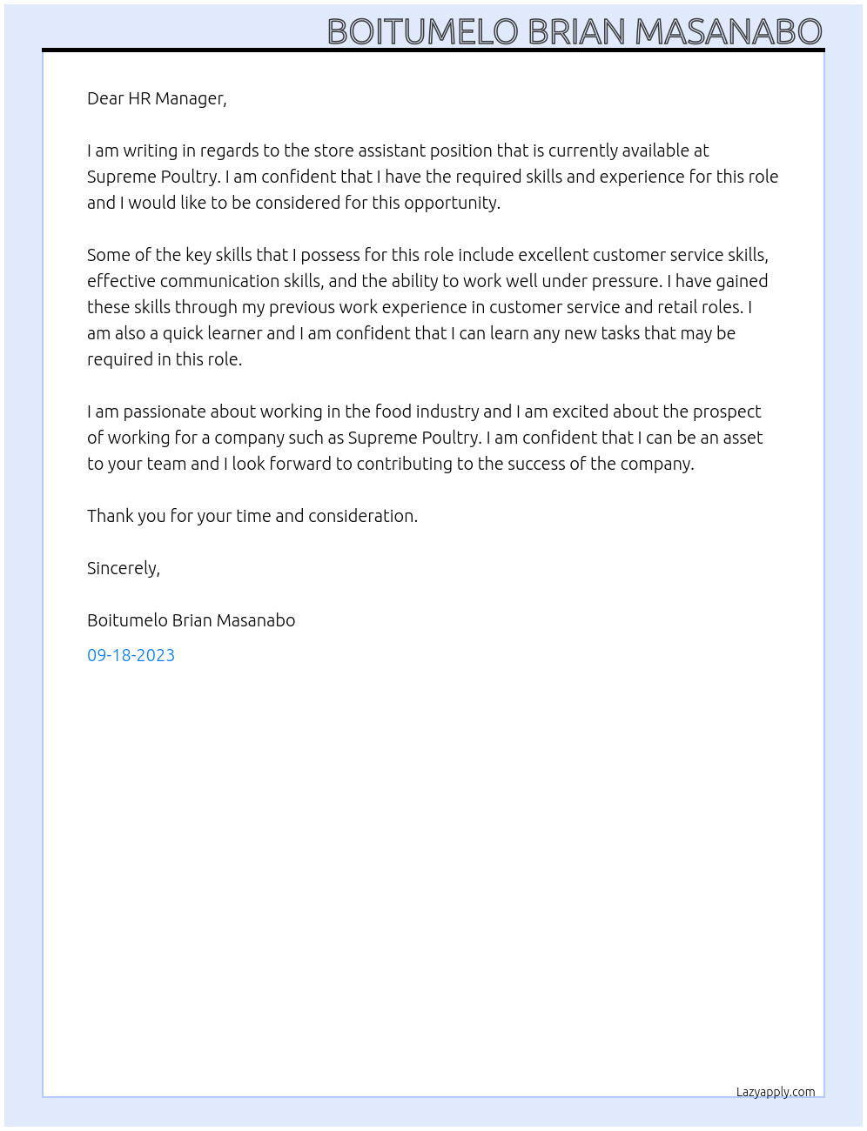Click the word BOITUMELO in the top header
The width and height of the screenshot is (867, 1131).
(423, 31)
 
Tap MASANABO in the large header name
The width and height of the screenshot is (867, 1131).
(729, 31)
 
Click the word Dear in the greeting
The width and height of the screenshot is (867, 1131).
(105, 98)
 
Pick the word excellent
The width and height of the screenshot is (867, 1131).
(553, 255)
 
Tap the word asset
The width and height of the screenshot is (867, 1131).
(743, 438)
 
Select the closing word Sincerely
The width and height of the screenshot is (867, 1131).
(123, 569)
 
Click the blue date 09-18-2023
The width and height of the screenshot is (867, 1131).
(131, 655)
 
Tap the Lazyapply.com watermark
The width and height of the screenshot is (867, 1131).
(776, 1093)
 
